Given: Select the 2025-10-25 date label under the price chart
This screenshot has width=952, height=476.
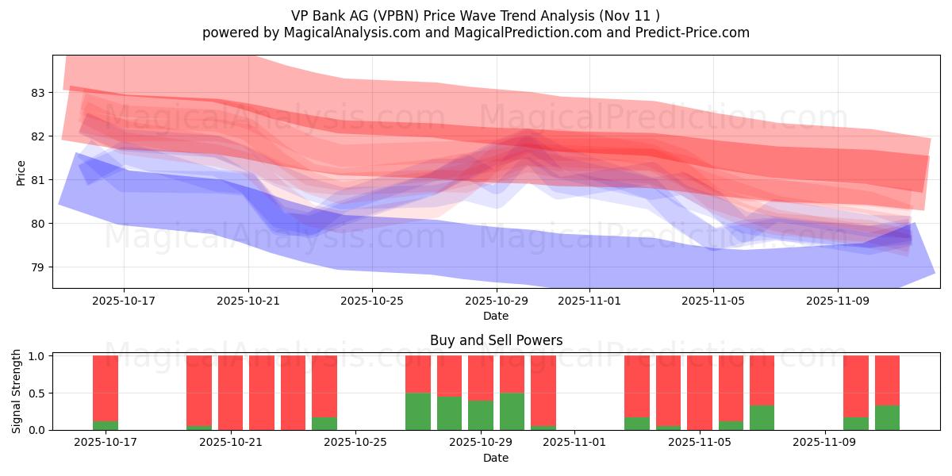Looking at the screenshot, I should coord(373,301).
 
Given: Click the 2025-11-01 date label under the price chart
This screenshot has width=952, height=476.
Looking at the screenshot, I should coord(589,301).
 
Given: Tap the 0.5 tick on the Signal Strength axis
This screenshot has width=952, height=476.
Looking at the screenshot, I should coord(38,393).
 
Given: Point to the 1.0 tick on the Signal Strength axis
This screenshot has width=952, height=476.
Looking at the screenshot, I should coord(38,356).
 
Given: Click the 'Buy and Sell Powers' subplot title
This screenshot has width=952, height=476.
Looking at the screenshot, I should coord(496,340).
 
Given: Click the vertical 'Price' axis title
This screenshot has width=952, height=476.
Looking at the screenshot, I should coord(21,172).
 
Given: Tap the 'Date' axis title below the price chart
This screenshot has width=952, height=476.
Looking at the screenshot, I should coord(496,316).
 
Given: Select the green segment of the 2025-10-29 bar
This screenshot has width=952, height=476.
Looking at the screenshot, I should coord(481,415).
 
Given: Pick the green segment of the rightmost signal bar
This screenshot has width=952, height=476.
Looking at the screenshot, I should coord(887,417).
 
